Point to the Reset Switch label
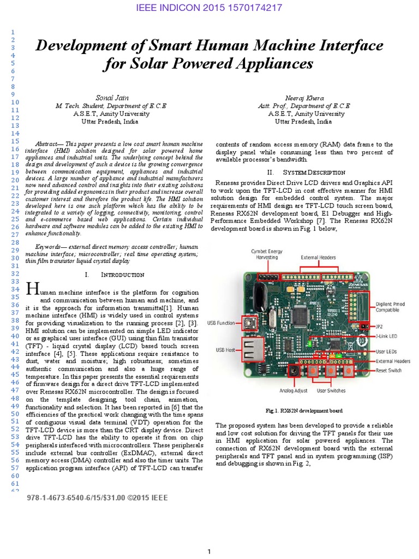388,371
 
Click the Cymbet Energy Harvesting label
266,254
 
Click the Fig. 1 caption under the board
304,411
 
